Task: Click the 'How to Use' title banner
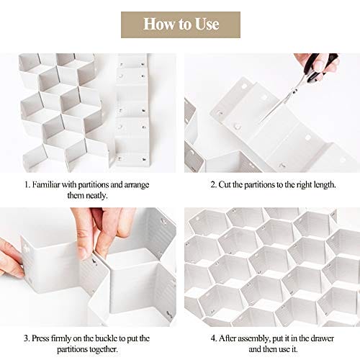(181, 24)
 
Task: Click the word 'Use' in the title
(207, 24)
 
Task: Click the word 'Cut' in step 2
(225, 184)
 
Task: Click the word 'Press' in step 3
(40, 338)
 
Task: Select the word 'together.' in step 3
(104, 349)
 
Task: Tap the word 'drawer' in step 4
(323, 338)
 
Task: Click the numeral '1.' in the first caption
(27, 184)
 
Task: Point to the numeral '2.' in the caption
(214, 184)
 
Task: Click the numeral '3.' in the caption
(27, 338)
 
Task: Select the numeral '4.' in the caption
(214, 338)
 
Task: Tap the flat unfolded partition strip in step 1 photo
(132, 110)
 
